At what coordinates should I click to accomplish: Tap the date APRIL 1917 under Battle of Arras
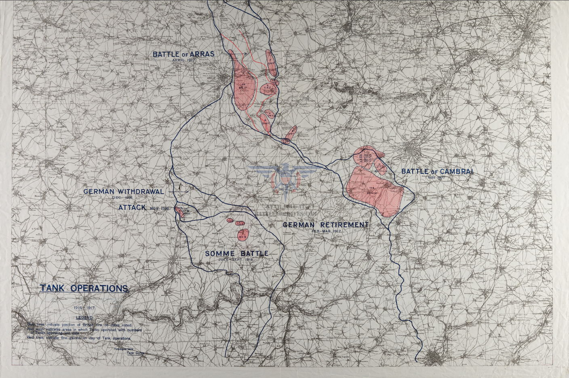pyautogui.click(x=184, y=60)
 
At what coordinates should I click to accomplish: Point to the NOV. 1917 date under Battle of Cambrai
pyautogui.click(x=436, y=177)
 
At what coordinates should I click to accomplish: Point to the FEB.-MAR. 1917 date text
pyautogui.click(x=327, y=231)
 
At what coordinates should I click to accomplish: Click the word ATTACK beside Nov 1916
pyautogui.click(x=132, y=207)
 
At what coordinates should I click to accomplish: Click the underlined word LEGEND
pyautogui.click(x=84, y=318)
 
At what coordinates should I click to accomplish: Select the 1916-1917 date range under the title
pyautogui.click(x=84, y=308)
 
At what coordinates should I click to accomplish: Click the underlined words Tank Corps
pyautogui.click(x=135, y=353)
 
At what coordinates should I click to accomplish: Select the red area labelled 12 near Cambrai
pyautogui.click(x=380, y=166)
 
